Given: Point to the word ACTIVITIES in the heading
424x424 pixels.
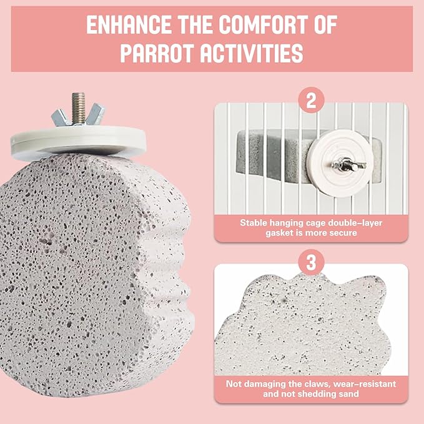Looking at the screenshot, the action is [252, 53].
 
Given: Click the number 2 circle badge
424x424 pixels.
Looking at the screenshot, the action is [311, 101].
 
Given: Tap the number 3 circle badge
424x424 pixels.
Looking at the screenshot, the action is [311, 262].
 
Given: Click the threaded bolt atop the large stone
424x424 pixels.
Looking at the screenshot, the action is [78, 107].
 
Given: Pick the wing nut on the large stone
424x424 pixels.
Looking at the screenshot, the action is [78, 115].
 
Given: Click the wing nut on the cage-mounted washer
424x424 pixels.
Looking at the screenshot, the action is [348, 165].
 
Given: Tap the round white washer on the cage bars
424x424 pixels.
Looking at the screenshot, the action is [341, 163].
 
